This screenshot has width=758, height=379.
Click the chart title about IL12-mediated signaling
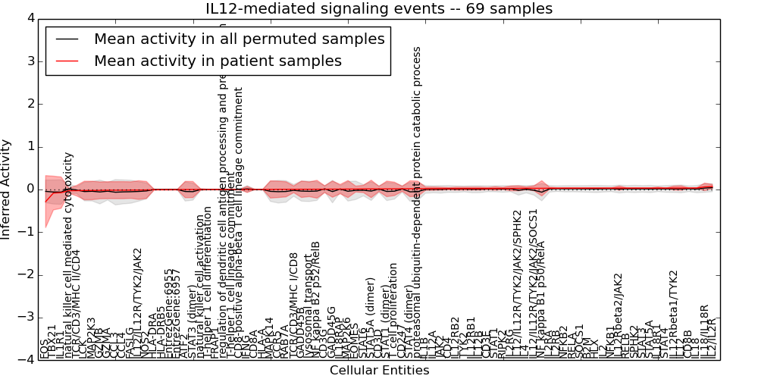tap(379, 8)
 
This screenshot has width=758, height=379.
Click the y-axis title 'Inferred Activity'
tap(7, 189)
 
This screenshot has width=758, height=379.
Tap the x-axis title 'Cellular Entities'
tap(379, 371)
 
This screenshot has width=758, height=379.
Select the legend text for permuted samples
tap(239, 39)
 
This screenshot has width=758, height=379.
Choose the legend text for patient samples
tap(218, 61)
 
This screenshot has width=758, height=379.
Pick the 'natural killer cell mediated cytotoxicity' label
tap(68, 254)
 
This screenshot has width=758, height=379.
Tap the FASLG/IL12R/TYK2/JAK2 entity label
tap(137, 303)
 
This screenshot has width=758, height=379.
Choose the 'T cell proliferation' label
tap(393, 310)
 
